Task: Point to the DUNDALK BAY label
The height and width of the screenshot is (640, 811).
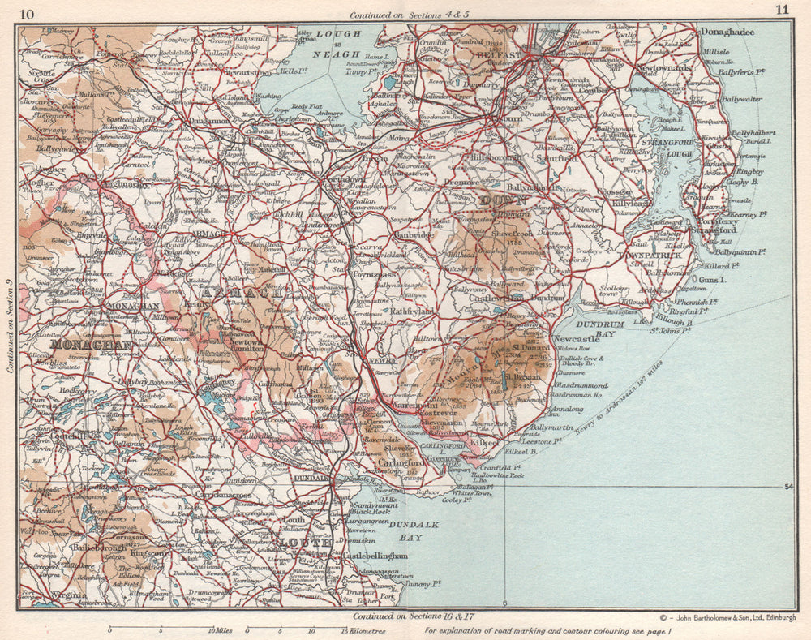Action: [x=414, y=530]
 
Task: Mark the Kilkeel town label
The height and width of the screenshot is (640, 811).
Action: [x=485, y=445]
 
